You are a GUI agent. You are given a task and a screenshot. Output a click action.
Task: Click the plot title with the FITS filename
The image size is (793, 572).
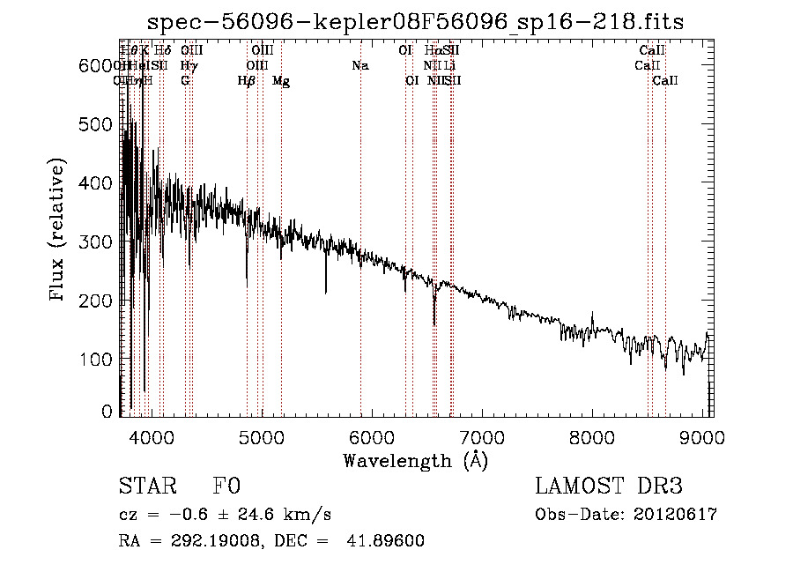[414, 22]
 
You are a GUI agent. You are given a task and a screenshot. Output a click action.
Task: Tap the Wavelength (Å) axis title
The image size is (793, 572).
[415, 460]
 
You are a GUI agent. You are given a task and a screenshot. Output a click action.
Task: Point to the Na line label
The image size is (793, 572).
[359, 66]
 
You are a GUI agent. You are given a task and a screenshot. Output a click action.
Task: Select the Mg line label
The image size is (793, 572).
[281, 81]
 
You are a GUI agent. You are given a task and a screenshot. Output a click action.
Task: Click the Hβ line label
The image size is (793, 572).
[247, 81]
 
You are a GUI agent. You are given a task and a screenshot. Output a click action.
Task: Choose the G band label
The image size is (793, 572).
[185, 81]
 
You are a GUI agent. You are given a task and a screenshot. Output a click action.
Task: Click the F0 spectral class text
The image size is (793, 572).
[226, 487]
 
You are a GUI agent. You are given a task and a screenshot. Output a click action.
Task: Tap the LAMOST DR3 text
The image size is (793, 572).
[608, 487]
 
